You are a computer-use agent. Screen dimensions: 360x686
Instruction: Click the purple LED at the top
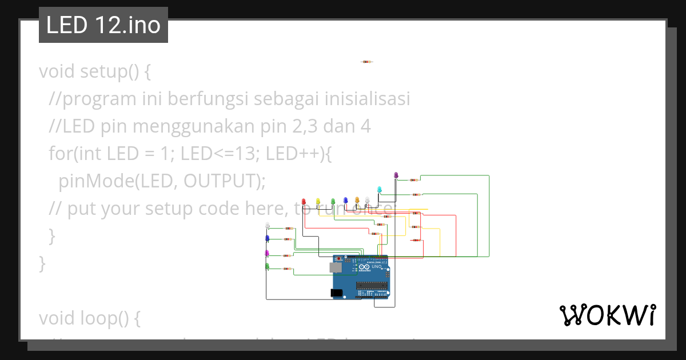click(396, 175)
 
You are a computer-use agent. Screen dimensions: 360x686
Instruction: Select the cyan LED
click(380, 189)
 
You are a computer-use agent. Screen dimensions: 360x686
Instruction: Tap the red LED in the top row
click(304, 201)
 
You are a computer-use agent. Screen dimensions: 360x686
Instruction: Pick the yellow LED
click(318, 201)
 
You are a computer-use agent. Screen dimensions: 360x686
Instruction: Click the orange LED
click(357, 200)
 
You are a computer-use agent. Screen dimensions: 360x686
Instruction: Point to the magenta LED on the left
click(267, 253)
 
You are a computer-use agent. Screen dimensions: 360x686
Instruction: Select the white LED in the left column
click(268, 226)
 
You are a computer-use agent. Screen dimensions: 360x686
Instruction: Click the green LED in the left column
click(267, 266)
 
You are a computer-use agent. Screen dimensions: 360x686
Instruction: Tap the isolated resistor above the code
click(367, 62)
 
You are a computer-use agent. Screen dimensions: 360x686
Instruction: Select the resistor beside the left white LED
click(288, 229)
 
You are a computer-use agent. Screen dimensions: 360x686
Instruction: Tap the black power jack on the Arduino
click(337, 293)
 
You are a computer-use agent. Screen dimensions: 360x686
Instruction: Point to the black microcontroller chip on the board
click(372, 286)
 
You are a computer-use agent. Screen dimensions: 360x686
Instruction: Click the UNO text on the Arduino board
click(377, 267)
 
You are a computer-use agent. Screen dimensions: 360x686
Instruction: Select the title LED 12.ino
click(103, 25)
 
